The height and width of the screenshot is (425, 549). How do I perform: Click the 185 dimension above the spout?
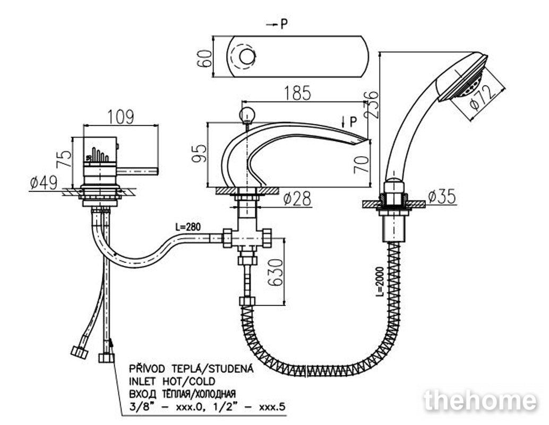pyautogui.click(x=297, y=93)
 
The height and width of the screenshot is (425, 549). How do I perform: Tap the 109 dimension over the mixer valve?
pyautogui.click(x=121, y=117)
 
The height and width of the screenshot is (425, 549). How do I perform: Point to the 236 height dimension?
pyautogui.click(x=372, y=104)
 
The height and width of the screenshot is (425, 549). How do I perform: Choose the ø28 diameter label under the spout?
pyautogui.click(x=298, y=199)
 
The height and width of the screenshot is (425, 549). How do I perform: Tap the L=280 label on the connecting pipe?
pyautogui.click(x=188, y=227)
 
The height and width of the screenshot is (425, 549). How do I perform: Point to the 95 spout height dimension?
pyautogui.click(x=199, y=153)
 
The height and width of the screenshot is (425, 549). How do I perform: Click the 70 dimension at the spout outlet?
pyautogui.click(x=362, y=164)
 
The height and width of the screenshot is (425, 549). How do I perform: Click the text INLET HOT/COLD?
pyautogui.click(x=172, y=381)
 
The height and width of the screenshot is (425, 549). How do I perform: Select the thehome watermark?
pyautogui.click(x=480, y=401)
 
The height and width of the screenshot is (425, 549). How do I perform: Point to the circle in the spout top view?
pyautogui.click(x=247, y=56)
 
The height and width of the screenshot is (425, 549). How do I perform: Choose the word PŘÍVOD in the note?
pyautogui.click(x=147, y=369)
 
